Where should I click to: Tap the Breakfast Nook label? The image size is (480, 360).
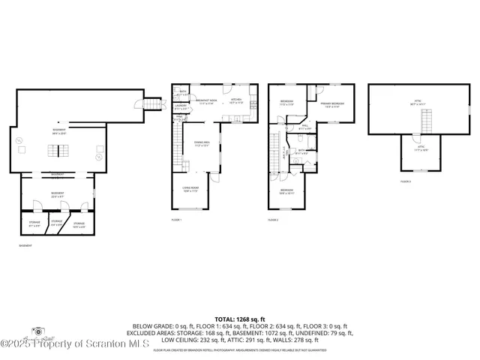(x=207, y=101)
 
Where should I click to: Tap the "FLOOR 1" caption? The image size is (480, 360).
(x=176, y=220)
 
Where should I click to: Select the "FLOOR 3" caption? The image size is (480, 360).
(x=406, y=181)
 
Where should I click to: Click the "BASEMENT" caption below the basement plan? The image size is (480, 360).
(x=25, y=245)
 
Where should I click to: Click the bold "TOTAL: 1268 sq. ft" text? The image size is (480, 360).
(x=240, y=319)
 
